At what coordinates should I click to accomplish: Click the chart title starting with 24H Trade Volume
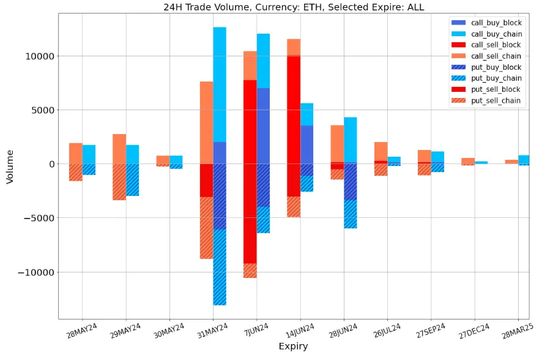[x=293, y=7]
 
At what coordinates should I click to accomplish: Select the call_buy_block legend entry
[x=496, y=23]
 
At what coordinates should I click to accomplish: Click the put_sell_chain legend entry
[x=496, y=100]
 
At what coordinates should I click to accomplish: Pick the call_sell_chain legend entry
[x=496, y=56]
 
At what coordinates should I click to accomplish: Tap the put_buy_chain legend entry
[x=496, y=78]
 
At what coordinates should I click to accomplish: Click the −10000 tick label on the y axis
[x=35, y=272]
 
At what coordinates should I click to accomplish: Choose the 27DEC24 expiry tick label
[x=474, y=331]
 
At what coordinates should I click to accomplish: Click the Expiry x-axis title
[x=293, y=347]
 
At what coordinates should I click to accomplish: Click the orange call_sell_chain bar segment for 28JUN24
[x=337, y=144]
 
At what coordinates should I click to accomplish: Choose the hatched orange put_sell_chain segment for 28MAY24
[x=75, y=172]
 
